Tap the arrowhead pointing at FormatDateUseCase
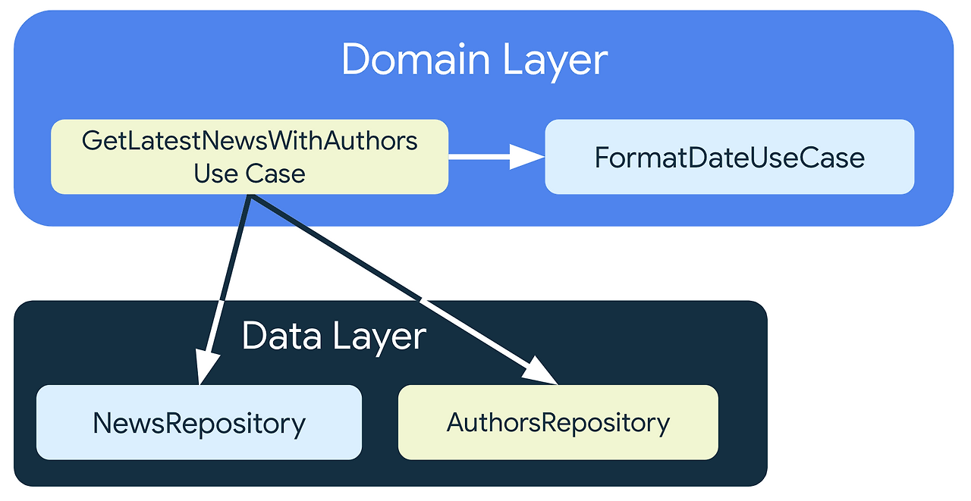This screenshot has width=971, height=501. point(528,157)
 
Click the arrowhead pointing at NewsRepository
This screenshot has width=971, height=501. point(205,367)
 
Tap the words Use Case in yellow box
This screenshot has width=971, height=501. point(250,174)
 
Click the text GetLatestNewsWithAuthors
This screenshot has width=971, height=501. point(250,141)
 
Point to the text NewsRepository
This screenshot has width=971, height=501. point(199,423)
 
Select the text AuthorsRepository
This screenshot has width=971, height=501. point(558,422)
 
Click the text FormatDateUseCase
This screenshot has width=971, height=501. point(729,158)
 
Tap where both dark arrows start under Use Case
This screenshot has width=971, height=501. point(250,197)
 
